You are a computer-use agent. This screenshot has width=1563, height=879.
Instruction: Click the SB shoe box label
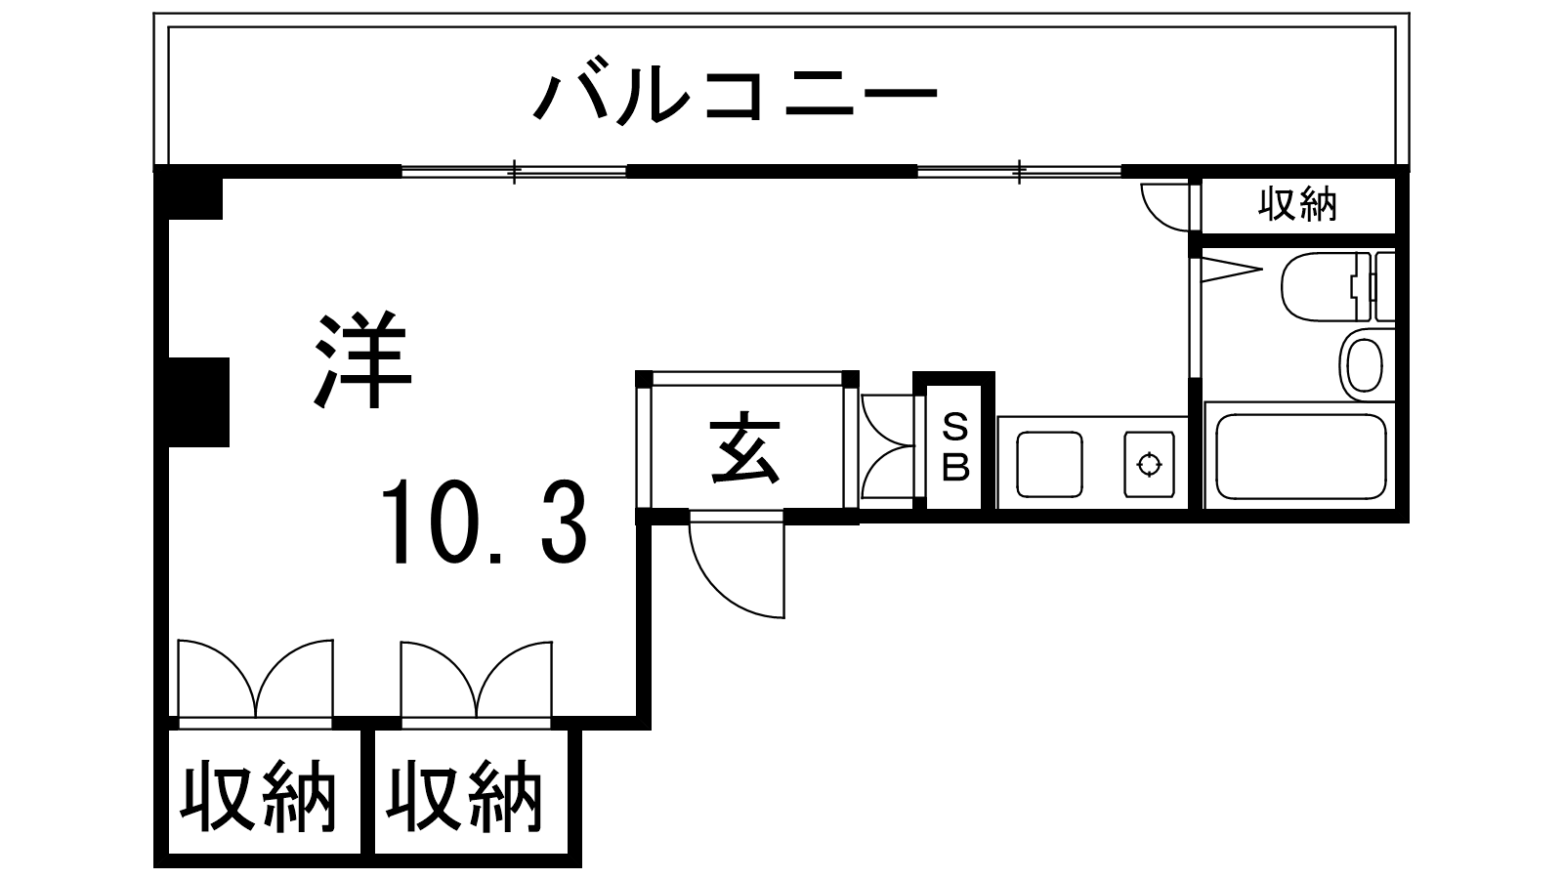(x=954, y=447)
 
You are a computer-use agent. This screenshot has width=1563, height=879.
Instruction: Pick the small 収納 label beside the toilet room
(x=1296, y=205)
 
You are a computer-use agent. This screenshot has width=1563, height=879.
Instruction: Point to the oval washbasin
(x=1363, y=363)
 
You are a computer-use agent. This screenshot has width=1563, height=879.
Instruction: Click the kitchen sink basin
(x=1050, y=464)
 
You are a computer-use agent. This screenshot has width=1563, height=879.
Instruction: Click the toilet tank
(x=1384, y=286)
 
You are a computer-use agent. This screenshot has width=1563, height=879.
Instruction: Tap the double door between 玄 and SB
(x=887, y=448)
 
